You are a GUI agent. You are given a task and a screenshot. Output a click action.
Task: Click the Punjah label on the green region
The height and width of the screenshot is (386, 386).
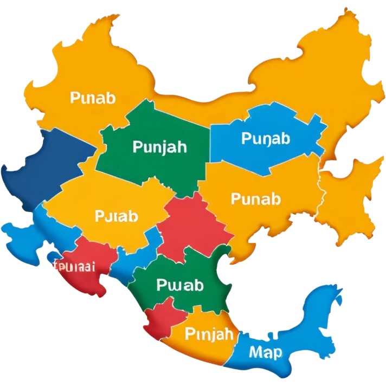[x=159, y=146]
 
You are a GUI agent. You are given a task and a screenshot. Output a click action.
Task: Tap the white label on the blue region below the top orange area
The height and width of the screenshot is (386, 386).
[x=266, y=138]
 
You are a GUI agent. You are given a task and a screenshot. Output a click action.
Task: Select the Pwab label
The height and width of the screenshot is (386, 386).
[x=179, y=285]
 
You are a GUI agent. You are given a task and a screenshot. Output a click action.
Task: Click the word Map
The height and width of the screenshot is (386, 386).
[x=266, y=352]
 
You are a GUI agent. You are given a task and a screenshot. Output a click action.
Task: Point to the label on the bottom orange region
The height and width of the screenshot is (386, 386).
[x=209, y=333]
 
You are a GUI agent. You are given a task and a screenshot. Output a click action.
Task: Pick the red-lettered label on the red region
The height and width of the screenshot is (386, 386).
[x=74, y=266]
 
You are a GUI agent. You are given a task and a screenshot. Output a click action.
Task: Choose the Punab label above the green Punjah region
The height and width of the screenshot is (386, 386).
[x=93, y=98]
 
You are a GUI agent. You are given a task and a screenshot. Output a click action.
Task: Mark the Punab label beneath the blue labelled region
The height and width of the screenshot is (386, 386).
[x=256, y=198]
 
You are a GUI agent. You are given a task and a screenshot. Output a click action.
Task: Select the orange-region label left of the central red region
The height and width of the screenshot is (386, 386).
[x=116, y=216]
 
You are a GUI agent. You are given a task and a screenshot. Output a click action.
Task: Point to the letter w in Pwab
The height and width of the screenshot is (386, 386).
[x=173, y=285]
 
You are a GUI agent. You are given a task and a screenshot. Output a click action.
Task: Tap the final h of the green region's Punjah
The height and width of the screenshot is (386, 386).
[x=182, y=146]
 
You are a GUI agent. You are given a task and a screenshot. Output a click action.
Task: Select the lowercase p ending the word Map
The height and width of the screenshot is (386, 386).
[x=276, y=354]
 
